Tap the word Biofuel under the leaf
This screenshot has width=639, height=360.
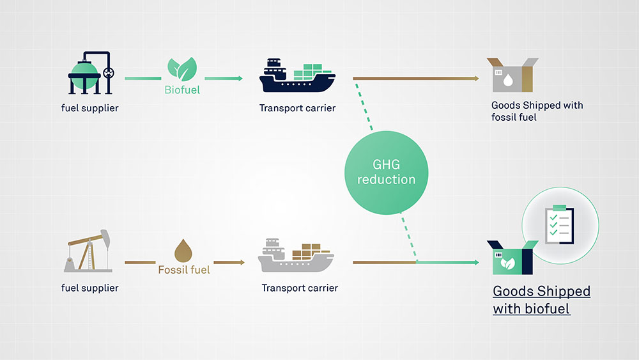click(182, 90)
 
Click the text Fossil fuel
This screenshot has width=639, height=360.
click(184, 269)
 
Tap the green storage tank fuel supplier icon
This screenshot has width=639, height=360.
click(89, 73)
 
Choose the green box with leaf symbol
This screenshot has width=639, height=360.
click(510, 258)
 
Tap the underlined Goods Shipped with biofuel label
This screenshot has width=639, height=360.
click(541, 300)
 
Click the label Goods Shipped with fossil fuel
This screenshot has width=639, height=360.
click(537, 111)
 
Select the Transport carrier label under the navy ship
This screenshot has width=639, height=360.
click(297, 108)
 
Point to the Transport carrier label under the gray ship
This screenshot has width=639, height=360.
click(300, 288)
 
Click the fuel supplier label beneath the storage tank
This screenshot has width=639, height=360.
click(90, 108)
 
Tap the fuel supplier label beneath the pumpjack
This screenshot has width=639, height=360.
click(90, 288)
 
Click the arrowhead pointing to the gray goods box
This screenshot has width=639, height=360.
click(475, 79)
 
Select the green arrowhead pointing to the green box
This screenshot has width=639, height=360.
click(475, 262)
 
